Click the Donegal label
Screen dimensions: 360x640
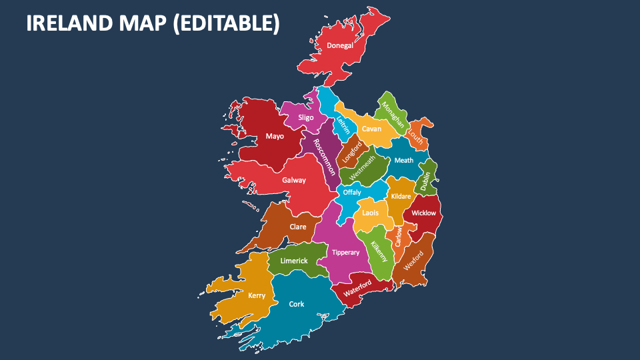(340, 46)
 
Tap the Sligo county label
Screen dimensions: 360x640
(306, 117)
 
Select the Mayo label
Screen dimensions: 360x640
(275, 136)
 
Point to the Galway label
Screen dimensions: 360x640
(294, 180)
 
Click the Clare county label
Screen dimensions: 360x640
(298, 227)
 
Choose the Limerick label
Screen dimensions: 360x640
(294, 261)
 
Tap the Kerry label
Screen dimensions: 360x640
(257, 295)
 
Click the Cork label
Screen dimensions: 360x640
(297, 304)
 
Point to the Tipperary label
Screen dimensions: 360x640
(345, 253)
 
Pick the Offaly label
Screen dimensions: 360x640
(352, 193)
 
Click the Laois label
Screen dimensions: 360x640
(371, 213)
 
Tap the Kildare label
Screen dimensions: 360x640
(401, 196)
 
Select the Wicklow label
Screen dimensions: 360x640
(423, 213)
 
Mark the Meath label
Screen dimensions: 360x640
(404, 160)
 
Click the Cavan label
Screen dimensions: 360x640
(372, 129)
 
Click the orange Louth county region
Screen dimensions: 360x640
(419, 132)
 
